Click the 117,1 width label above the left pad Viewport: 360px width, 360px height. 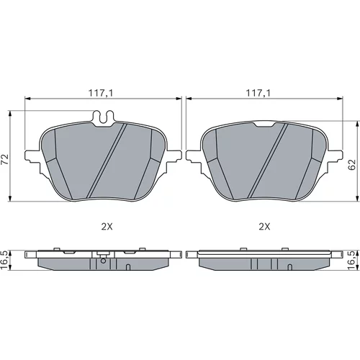pos(101,93)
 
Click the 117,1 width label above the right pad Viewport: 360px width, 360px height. pos(258,93)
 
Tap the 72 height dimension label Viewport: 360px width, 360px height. pos(5,159)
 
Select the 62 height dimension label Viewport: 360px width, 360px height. pos(351,164)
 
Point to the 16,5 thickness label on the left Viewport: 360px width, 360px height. pos(4,261)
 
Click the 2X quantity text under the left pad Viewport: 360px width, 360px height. pos(107,227)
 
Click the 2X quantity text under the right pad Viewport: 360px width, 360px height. pos(264,227)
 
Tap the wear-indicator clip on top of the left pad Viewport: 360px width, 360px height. pos(104,117)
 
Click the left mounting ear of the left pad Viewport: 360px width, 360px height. pos(32,156)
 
